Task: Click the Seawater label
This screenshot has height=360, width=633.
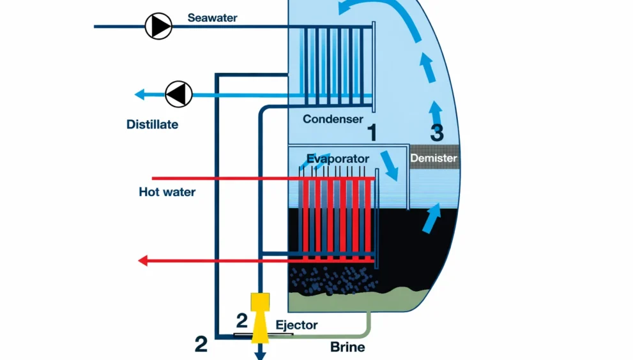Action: pos(212,18)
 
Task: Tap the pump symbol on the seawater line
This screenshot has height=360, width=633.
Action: pos(158,26)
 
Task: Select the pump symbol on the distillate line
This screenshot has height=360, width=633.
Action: pos(179,94)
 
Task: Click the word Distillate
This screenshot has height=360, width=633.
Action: pos(152,124)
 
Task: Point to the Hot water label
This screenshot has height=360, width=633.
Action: pos(167,191)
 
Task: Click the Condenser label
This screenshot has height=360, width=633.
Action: pos(333,119)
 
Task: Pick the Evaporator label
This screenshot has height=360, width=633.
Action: pos(338,158)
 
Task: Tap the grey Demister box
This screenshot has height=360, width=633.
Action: pos(434,158)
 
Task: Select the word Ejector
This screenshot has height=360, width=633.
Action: pos(296,325)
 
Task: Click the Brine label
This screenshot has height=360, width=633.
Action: pos(347,347)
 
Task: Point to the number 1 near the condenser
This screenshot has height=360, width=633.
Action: pos(372,132)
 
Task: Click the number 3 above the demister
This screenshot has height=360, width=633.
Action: pos(437,133)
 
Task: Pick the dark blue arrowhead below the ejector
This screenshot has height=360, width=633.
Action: pos(260,354)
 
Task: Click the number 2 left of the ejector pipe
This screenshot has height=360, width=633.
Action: pos(201,345)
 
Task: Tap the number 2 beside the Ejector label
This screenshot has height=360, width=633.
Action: pos(241,321)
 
